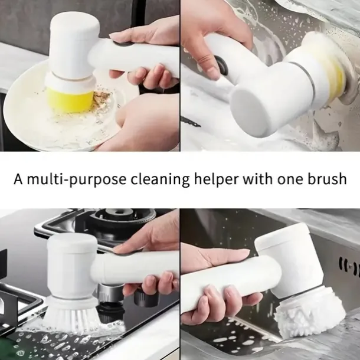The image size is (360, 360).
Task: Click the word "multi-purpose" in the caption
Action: click(x=76, y=179)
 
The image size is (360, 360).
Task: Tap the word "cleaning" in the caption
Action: click(x=161, y=180)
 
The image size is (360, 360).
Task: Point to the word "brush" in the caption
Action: click(x=327, y=178)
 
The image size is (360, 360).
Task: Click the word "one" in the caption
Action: click(x=290, y=180)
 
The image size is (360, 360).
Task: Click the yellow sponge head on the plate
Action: click(x=70, y=100)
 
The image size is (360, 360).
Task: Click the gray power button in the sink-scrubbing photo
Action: click(x=222, y=66)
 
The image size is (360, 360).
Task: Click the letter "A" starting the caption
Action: click(x=18, y=179)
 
